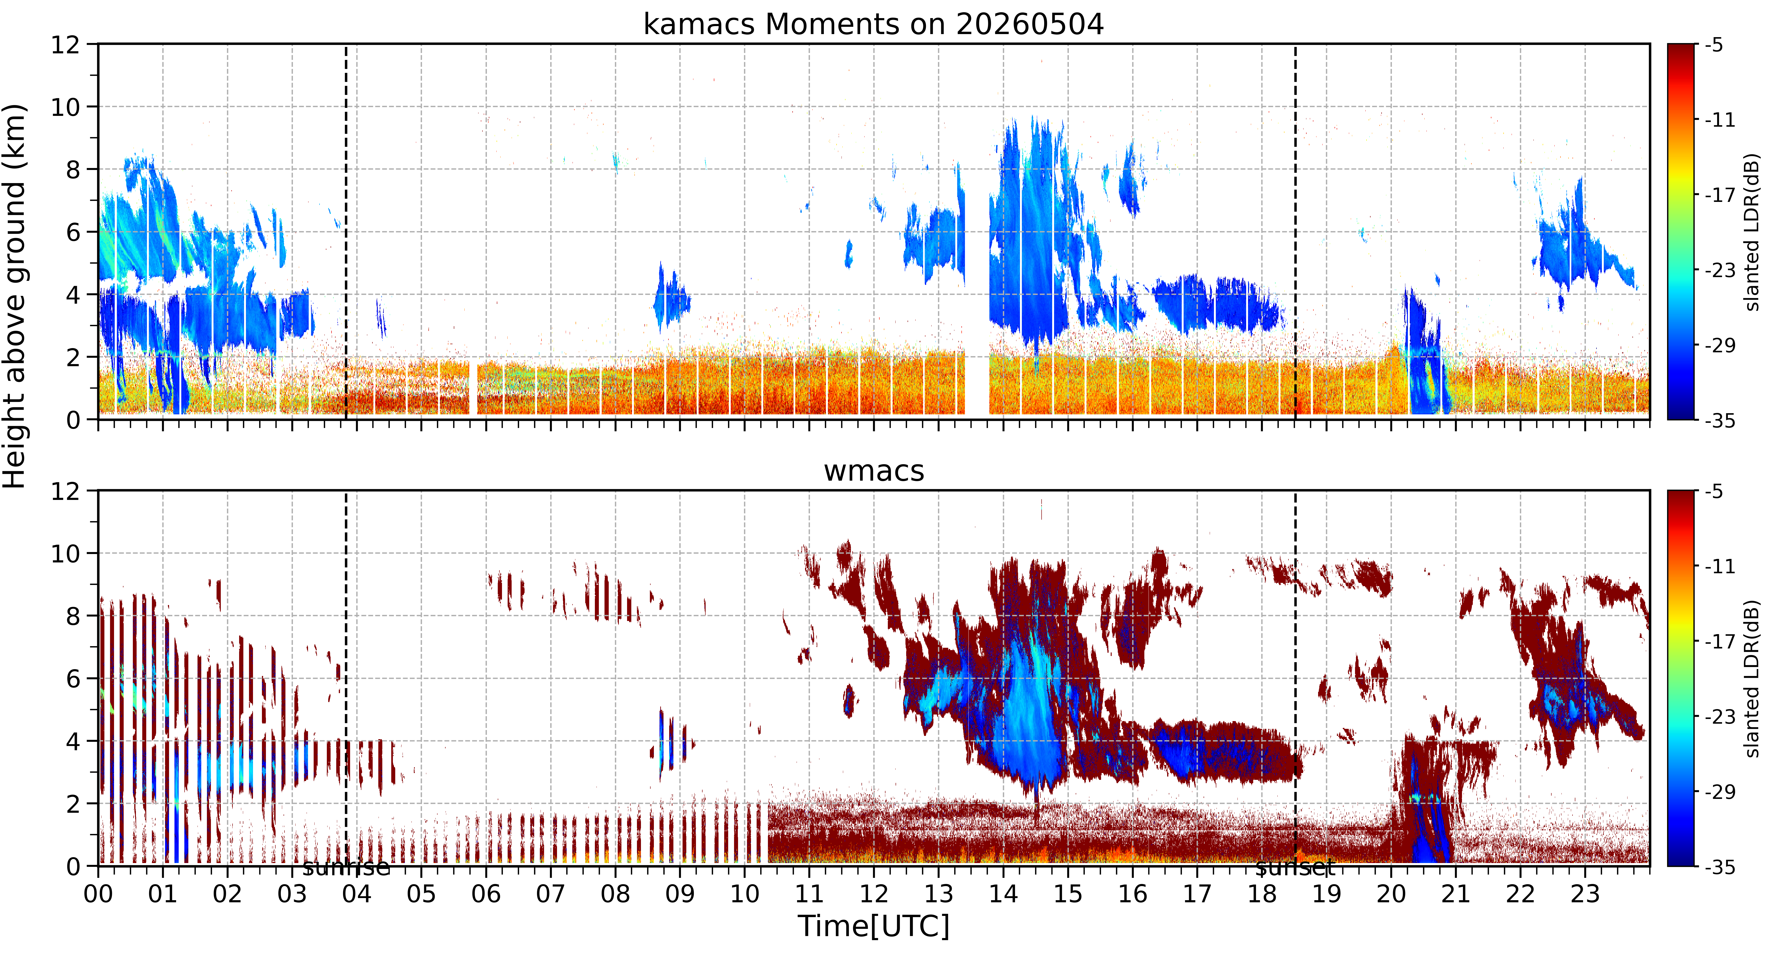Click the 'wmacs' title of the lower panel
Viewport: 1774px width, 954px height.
pyautogui.click(x=874, y=471)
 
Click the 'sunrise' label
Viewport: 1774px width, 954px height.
pyautogui.click(x=346, y=867)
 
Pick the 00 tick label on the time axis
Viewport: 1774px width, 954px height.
pyautogui.click(x=99, y=894)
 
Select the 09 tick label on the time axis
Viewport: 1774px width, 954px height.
pyautogui.click(x=680, y=894)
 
